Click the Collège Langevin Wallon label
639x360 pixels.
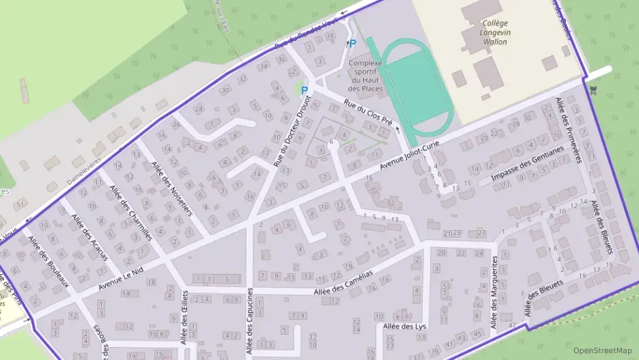pyautogui.click(x=495, y=32)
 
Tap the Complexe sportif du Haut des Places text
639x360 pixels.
pyautogui.click(x=365, y=76)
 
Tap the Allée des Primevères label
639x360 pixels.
pyautogui.click(x=568, y=130)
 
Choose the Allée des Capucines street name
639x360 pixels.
pyautogui.click(x=250, y=322)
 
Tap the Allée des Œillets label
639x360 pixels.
pyautogui.click(x=184, y=317)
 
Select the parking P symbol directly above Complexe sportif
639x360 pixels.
pyautogui.click(x=352, y=44)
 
